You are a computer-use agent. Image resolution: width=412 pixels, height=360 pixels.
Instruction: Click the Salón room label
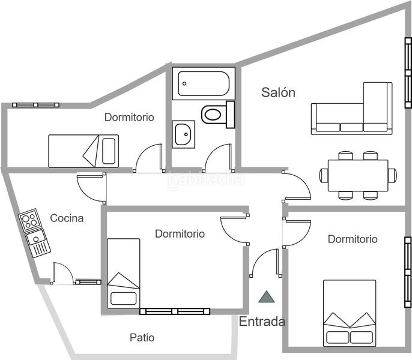pyautogui.click(x=279, y=92)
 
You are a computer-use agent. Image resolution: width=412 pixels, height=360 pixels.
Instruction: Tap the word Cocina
pyautogui.click(x=67, y=218)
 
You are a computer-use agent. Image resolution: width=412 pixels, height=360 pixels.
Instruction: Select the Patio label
pyautogui.click(x=142, y=338)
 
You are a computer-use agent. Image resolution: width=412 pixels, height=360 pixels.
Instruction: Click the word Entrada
pyautogui.click(x=262, y=322)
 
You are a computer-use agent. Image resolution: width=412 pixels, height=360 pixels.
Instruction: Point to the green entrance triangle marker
pyautogui.click(x=265, y=296)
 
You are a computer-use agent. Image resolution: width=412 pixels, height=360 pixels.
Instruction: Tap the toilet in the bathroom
pyautogui.click(x=216, y=113)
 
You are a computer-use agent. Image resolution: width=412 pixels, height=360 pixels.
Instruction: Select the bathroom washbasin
pyautogui.click(x=183, y=134)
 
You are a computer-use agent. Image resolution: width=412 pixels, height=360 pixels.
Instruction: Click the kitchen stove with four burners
pyautogui.click(x=28, y=220)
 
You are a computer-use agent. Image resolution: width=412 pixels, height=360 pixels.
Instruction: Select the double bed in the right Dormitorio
pyautogui.click(x=350, y=312)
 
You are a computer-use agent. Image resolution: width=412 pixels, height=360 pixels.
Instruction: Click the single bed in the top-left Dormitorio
pyautogui.click(x=83, y=150)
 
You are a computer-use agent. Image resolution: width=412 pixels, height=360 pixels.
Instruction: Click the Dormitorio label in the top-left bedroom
pyautogui.click(x=129, y=117)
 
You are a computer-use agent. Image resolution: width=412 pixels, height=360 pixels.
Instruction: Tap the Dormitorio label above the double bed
pyautogui.click(x=353, y=239)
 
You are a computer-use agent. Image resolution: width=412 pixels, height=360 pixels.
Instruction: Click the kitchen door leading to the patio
pyautogui.click(x=62, y=275)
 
